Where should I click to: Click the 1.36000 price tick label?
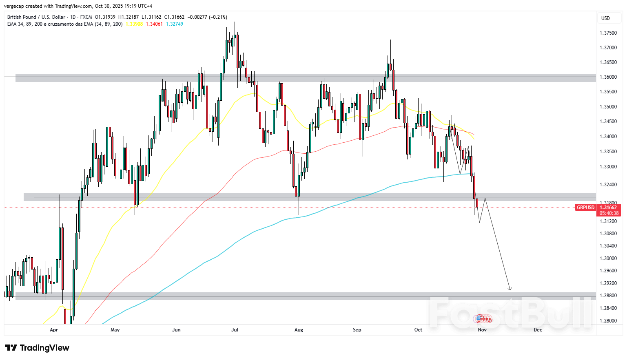point(608,77)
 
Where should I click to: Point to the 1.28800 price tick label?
point(608,296)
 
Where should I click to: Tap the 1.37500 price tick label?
point(608,33)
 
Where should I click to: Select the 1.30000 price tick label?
point(608,258)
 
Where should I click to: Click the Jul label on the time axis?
point(235,330)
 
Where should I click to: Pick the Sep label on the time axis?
point(357,330)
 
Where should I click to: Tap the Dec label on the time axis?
point(538,330)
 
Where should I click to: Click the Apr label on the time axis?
point(54,330)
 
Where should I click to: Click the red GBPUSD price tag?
point(585,208)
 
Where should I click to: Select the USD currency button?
point(605,18)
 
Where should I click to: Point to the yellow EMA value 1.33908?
point(134,24)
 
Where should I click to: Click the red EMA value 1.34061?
point(154,24)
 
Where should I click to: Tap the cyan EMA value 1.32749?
point(174,24)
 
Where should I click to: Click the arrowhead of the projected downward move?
point(510,289)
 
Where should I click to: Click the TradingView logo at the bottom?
point(37,348)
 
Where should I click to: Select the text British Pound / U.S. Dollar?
point(36,17)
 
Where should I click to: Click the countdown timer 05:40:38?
point(609,213)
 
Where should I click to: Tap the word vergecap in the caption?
point(14,6)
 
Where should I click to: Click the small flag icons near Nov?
point(482,319)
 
